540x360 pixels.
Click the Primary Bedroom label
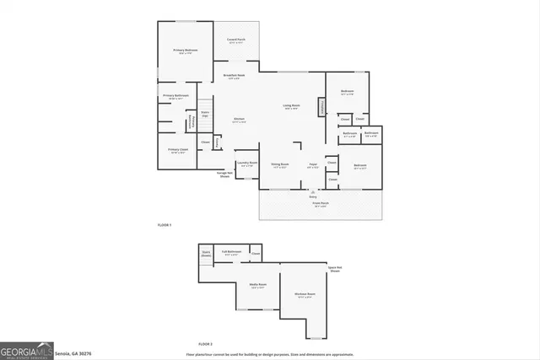186,51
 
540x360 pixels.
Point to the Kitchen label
239,120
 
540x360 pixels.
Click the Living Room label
290,105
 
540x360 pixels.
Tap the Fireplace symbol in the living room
321,107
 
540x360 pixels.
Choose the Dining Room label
280,164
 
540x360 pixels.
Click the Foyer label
312,164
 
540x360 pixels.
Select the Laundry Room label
246,164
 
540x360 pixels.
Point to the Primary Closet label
178,151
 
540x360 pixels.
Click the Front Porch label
321,205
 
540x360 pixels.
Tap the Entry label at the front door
313,195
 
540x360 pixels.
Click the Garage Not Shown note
224,175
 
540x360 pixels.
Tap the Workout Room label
305,294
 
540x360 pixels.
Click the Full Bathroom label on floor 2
232,252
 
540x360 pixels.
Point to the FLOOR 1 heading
165,226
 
